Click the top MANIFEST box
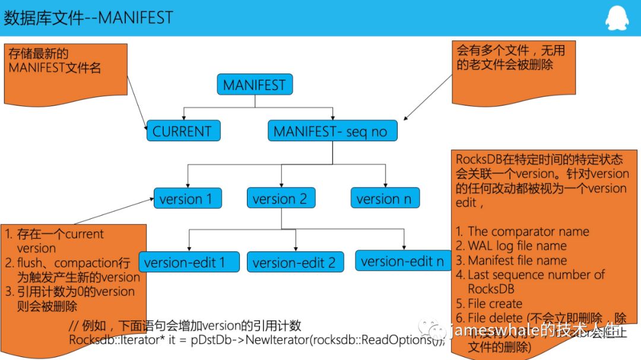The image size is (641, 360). tap(254, 85)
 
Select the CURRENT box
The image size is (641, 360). tap(183, 131)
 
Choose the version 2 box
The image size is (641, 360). tap(280, 199)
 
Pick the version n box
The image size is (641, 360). tap(384, 199)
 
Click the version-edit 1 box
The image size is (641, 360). tap(189, 262)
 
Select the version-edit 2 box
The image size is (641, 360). tap(294, 262)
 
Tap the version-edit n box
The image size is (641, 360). tap(402, 261)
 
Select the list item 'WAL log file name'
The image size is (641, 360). tap(517, 246)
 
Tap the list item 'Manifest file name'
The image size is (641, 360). tap(517, 260)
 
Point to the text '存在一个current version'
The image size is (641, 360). tap(59, 241)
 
